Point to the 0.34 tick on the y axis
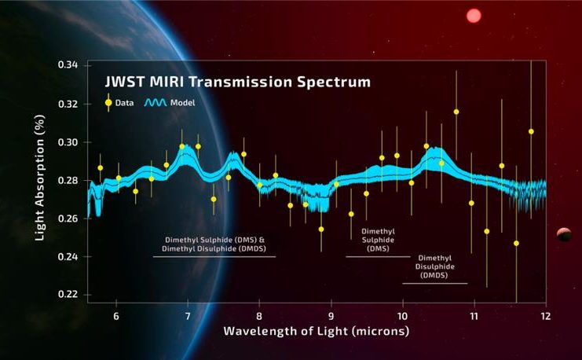point(68,65)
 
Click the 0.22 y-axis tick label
point(68,295)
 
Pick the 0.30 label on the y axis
point(68,142)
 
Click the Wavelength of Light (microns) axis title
point(317,331)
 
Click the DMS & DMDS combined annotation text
point(215,244)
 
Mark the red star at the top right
point(474,15)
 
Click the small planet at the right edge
point(563,233)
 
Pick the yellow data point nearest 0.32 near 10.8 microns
point(456,112)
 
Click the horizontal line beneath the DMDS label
point(434,283)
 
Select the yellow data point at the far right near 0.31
point(531,131)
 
